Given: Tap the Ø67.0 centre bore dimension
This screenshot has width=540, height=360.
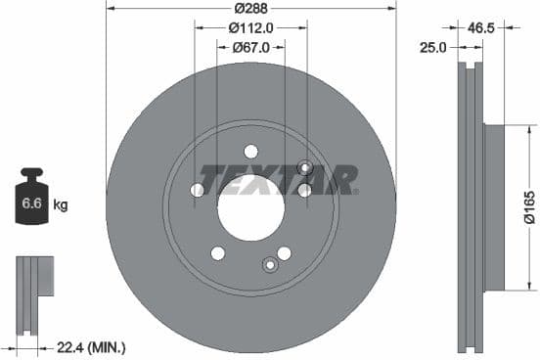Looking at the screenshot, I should [x=250, y=50].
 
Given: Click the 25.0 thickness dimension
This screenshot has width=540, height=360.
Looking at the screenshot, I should [x=433, y=46].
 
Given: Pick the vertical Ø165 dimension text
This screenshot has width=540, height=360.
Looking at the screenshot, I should [x=528, y=207].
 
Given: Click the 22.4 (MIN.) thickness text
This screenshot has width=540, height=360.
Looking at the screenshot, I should [x=92, y=347].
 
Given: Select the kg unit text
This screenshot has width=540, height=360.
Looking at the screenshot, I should [x=61, y=205].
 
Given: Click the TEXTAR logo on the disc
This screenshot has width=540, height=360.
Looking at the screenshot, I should [x=278, y=180].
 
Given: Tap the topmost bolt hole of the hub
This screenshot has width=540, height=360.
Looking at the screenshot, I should [x=250, y=152].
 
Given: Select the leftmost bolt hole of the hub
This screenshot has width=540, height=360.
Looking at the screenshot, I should [x=198, y=190].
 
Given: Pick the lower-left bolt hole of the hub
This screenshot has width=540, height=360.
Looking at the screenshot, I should [x=218, y=253].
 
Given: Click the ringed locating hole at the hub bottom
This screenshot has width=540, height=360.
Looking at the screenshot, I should [x=270, y=264].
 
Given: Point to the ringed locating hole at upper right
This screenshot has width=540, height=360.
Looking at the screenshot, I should [x=304, y=168].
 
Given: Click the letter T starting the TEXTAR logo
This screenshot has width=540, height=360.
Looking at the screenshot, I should [x=208, y=180].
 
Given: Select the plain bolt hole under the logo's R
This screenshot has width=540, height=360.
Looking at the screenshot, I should [x=304, y=191].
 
